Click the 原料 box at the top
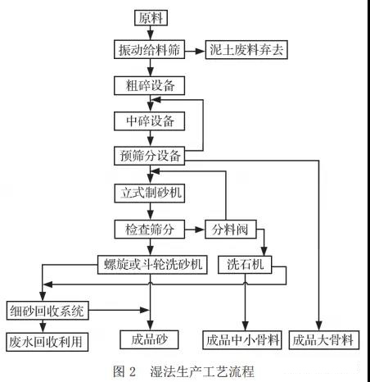coord(151,18)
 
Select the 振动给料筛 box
coord(149,49)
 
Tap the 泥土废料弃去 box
coord(246,49)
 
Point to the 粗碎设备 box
coord(149,85)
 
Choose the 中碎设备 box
coord(149,121)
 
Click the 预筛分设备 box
coord(149,156)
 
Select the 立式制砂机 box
coord(150,193)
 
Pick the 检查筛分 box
coord(150,230)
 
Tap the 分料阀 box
coord(231,230)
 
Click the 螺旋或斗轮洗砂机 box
coord(152,265)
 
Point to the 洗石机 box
coord(245,265)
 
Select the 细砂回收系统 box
coord(47,311)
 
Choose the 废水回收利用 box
coord(47,342)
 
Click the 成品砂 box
coord(149,339)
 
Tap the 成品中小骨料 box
coord(242,340)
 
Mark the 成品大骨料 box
coord(324,340)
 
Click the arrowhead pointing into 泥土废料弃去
coord(201,51)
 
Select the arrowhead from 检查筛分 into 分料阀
coord(201,230)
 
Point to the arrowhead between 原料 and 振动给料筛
coord(151,36)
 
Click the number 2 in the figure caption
coord(133,372)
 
